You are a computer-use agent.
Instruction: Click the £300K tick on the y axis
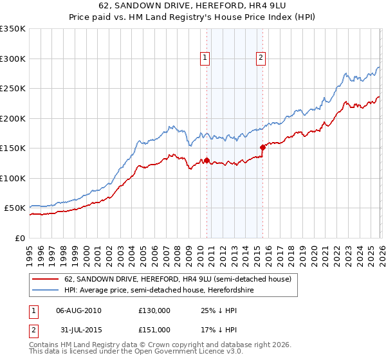13,59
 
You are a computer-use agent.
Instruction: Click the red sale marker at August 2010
207,160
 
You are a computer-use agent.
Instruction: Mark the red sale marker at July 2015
262,148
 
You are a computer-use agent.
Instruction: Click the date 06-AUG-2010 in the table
78,310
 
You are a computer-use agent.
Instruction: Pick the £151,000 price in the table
154,329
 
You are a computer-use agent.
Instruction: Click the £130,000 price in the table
154,310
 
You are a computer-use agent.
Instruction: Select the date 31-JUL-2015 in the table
78,329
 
